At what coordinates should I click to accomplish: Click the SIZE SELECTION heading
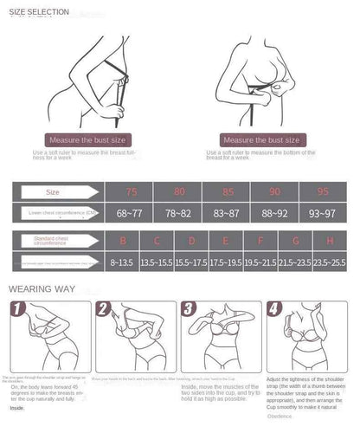pyautogui.click(x=39, y=10)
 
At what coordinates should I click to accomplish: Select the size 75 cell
pyautogui.click(x=131, y=192)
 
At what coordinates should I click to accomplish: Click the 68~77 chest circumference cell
pyautogui.click(x=131, y=213)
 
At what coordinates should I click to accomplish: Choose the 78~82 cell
pyautogui.click(x=178, y=213)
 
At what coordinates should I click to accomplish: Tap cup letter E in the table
pyautogui.click(x=226, y=241)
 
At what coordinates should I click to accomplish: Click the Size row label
pyautogui.click(x=54, y=192)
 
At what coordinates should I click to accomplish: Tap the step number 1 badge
pyautogui.click(x=15, y=308)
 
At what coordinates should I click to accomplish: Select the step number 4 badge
pyautogui.click(x=273, y=308)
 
